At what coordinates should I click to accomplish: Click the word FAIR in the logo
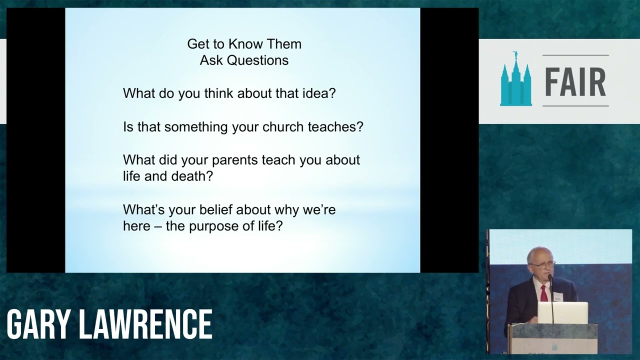(x=575, y=81)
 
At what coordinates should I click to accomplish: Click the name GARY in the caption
(x=38, y=325)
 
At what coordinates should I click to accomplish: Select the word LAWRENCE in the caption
(x=145, y=325)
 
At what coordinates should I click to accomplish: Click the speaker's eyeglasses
(x=543, y=265)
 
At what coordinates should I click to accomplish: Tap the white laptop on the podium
(x=562, y=313)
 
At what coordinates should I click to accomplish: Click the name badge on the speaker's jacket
(x=557, y=298)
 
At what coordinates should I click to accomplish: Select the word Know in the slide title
(x=245, y=44)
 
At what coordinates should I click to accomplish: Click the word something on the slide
(x=196, y=127)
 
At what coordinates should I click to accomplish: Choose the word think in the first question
(x=218, y=93)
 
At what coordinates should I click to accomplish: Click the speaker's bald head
(x=539, y=253)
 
